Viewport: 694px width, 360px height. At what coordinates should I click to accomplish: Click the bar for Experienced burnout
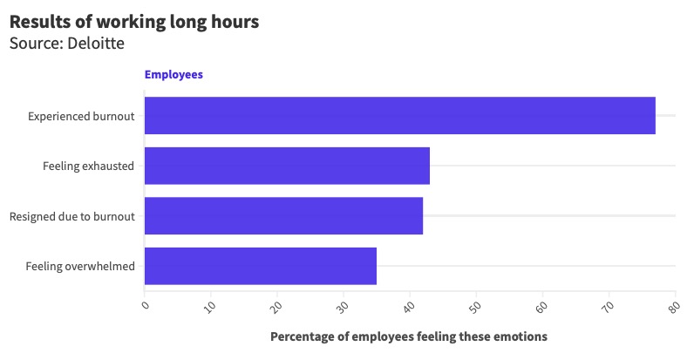(399, 115)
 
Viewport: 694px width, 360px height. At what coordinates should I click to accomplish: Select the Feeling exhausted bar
(287, 166)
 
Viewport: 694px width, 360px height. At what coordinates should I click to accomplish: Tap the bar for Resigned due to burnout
(283, 215)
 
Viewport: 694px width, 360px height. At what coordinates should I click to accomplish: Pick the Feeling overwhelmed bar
(260, 266)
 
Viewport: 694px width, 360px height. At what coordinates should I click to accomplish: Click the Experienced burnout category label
(81, 116)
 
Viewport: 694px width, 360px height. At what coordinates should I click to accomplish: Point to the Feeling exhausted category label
(88, 166)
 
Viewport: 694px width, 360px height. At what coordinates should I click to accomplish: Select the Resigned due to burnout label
(71, 216)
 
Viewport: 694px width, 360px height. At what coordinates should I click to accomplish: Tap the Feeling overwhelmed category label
(80, 266)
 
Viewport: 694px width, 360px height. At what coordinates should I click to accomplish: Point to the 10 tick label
(211, 306)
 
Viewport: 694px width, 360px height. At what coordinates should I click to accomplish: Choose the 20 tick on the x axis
(277, 306)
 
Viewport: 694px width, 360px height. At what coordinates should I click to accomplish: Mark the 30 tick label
(344, 306)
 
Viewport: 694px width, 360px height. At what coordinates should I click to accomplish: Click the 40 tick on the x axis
(410, 306)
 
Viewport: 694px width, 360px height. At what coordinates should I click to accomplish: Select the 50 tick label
(476, 306)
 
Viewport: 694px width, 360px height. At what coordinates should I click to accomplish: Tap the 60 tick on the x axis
(542, 306)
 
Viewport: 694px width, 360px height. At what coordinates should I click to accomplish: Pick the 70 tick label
(609, 306)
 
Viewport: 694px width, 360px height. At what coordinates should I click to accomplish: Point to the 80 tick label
(674, 306)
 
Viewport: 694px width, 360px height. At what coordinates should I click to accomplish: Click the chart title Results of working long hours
(134, 22)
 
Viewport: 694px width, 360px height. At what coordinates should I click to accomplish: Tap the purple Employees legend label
(173, 75)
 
